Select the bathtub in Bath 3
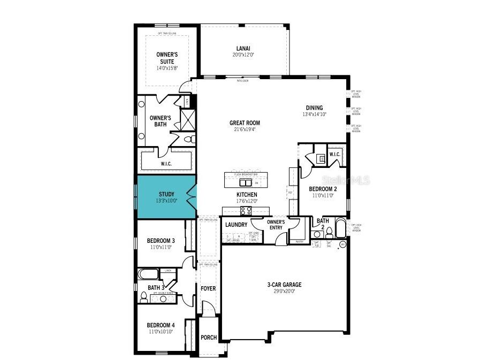pos(148,275)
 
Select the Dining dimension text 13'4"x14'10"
pos(314,114)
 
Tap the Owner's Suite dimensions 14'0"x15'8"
pos(167,68)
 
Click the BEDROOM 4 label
pos(161,325)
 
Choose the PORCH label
pos(208,338)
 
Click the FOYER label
pos(208,288)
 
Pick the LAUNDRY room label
pos(235,225)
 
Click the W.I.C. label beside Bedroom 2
pos(334,155)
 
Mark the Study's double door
pos(192,196)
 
